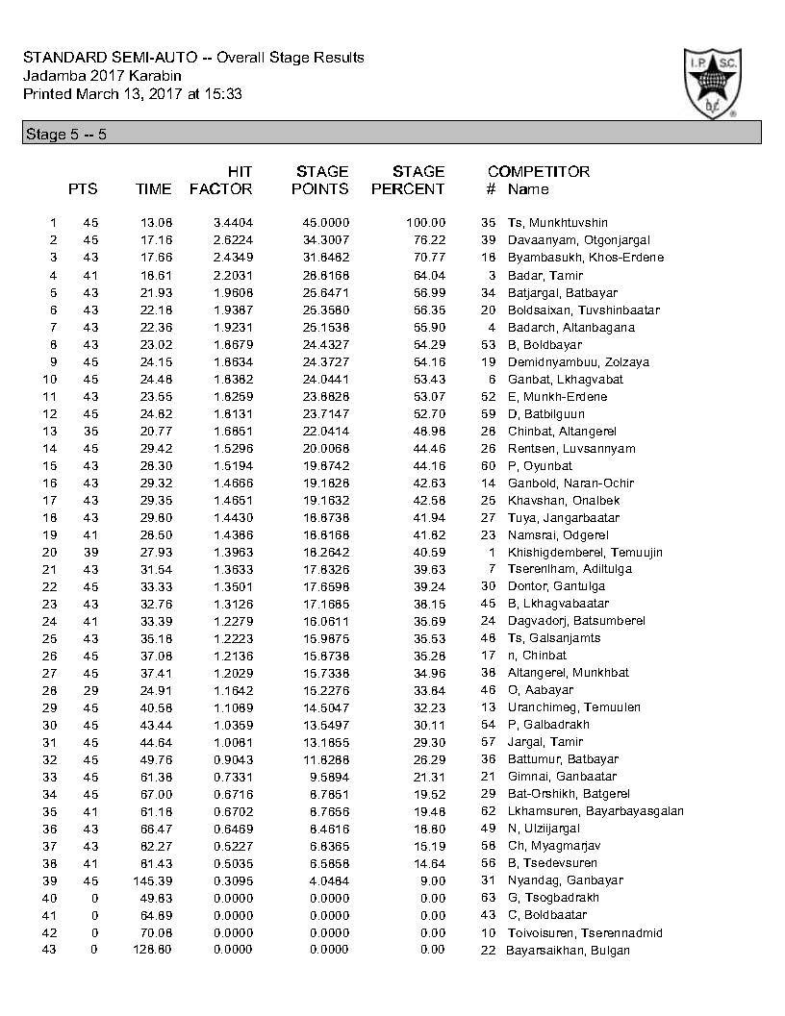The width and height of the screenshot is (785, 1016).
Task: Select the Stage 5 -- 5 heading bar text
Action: click(x=64, y=135)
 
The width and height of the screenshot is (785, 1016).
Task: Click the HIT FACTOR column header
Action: click(x=221, y=181)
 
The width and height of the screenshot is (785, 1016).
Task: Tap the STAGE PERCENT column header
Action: click(x=408, y=181)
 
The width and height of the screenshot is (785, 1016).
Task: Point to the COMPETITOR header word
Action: click(x=538, y=172)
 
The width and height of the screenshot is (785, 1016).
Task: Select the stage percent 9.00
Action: click(x=433, y=880)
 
